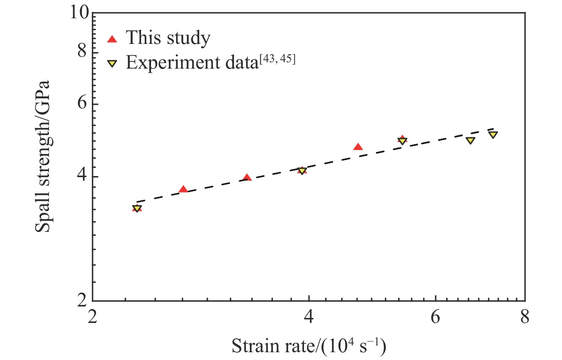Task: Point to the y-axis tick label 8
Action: point(82,52)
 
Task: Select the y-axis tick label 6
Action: point(82,104)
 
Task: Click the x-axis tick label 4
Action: point(309,317)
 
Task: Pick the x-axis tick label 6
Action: point(435,317)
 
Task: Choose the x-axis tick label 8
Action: point(525,317)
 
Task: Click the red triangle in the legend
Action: point(112,39)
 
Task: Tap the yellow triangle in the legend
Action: point(112,63)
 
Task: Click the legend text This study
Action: point(168,38)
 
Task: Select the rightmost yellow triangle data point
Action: point(493,134)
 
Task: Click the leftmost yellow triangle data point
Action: point(137,209)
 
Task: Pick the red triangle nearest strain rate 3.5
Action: point(247,177)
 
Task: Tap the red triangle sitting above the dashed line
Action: point(358,147)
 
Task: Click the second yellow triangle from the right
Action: point(470,140)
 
